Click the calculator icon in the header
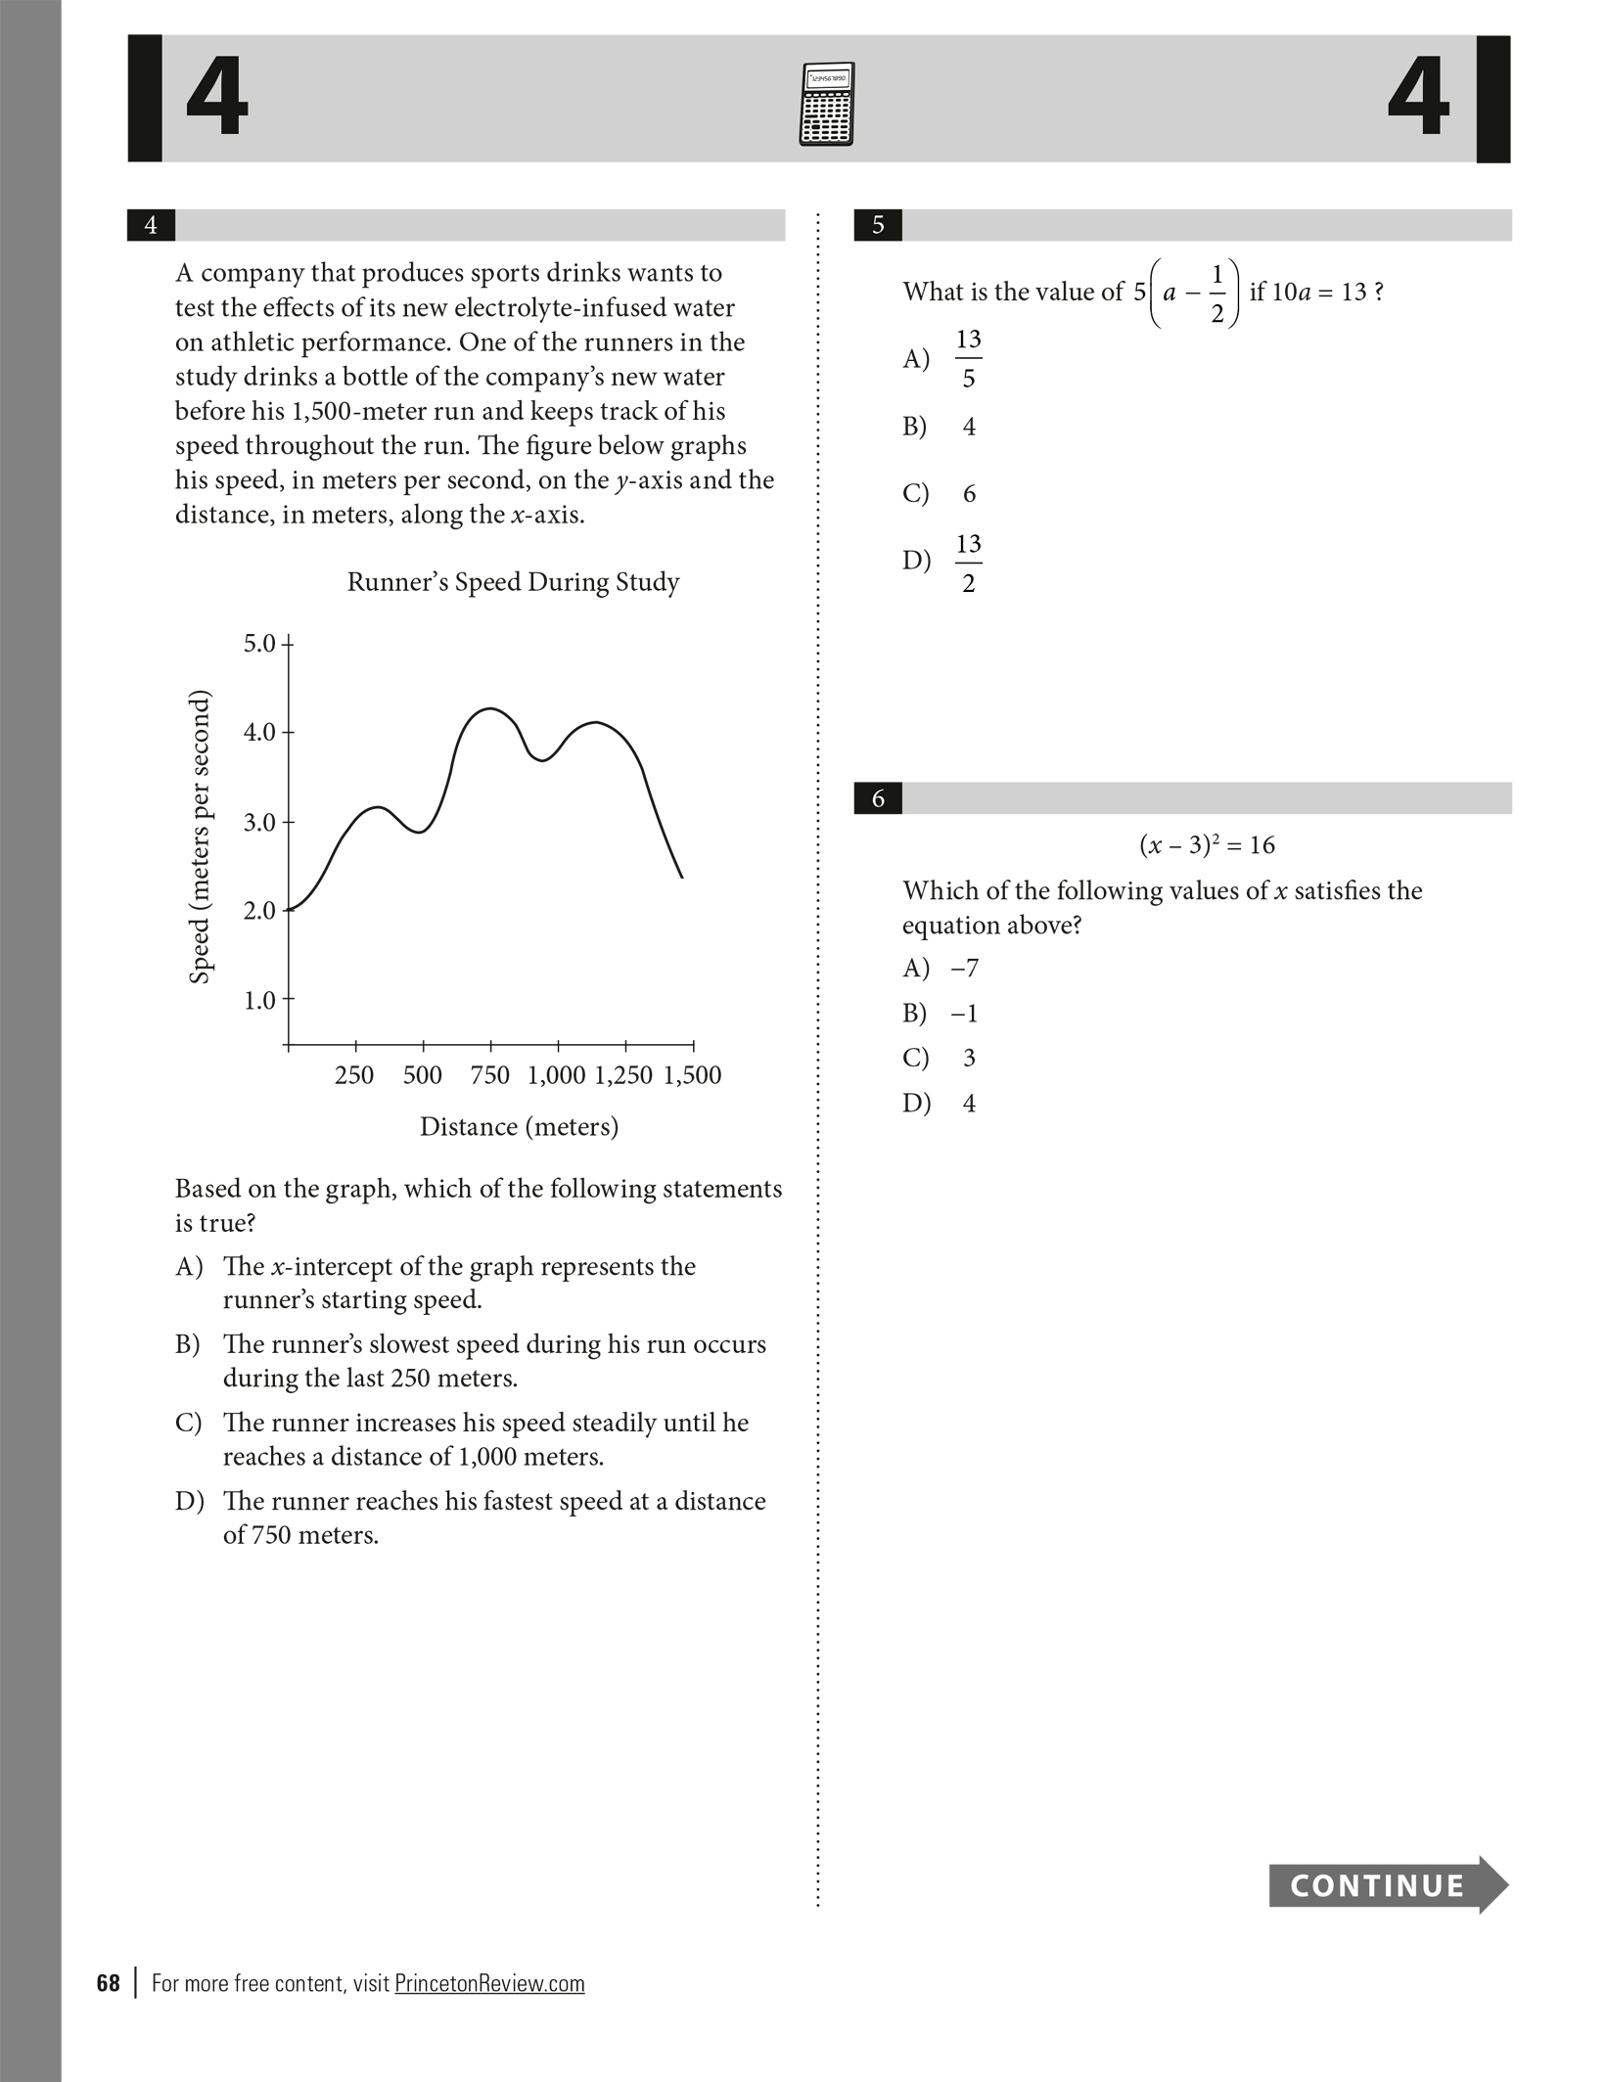click(x=827, y=104)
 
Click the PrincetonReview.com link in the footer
click(x=489, y=1984)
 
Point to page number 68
click(x=108, y=1983)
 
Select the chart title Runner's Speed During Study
click(x=513, y=582)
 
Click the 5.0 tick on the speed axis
click(x=260, y=644)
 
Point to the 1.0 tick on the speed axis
click(x=260, y=1000)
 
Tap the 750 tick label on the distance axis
click(x=489, y=1075)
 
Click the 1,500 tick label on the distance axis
click(x=692, y=1075)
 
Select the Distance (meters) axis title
click(x=519, y=1127)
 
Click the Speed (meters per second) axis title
click(x=200, y=837)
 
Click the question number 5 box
click(x=878, y=225)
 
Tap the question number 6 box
click(x=878, y=798)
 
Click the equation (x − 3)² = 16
click(x=1207, y=844)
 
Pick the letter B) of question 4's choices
click(x=188, y=1344)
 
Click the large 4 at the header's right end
click(x=1418, y=98)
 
